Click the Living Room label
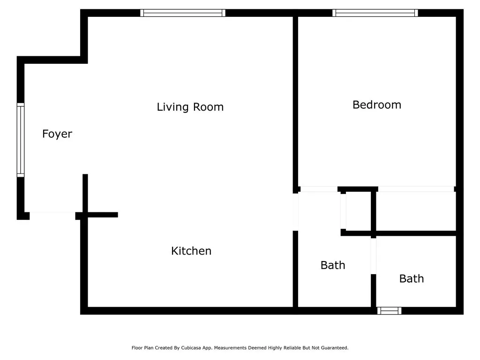190,107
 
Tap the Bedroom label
377,105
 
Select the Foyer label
57,134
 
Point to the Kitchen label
191,251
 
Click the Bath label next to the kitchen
333,265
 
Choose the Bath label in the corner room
412,278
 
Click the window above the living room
183,13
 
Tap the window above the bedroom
375,13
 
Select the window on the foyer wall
21,140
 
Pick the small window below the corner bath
390,311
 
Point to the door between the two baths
374,256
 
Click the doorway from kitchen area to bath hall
295,212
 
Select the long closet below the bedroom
416,211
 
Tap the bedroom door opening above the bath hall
319,189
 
